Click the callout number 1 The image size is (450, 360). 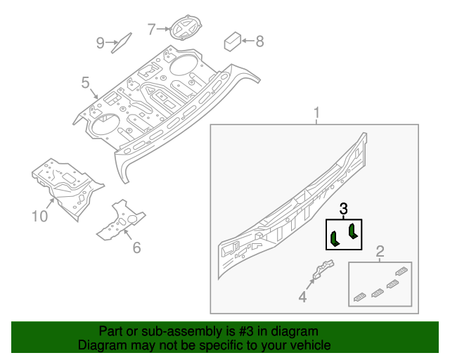click(316, 113)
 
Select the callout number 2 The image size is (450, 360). click(380, 251)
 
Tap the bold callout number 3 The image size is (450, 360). click(343, 209)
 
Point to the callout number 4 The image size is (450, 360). click(302, 297)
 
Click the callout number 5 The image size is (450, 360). click(85, 84)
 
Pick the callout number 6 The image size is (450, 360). click(136, 247)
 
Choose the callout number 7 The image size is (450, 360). click(151, 29)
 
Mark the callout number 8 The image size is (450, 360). click(259, 41)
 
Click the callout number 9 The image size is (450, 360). click(100, 44)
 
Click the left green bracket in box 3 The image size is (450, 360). click(335, 238)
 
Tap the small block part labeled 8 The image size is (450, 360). click(233, 40)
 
